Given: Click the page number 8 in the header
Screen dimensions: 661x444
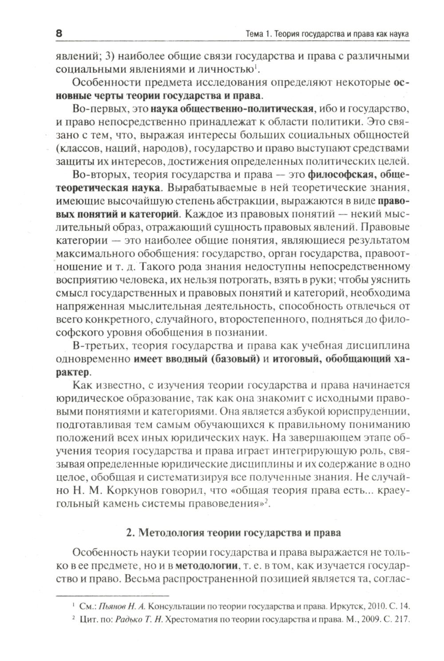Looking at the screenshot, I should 59,34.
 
